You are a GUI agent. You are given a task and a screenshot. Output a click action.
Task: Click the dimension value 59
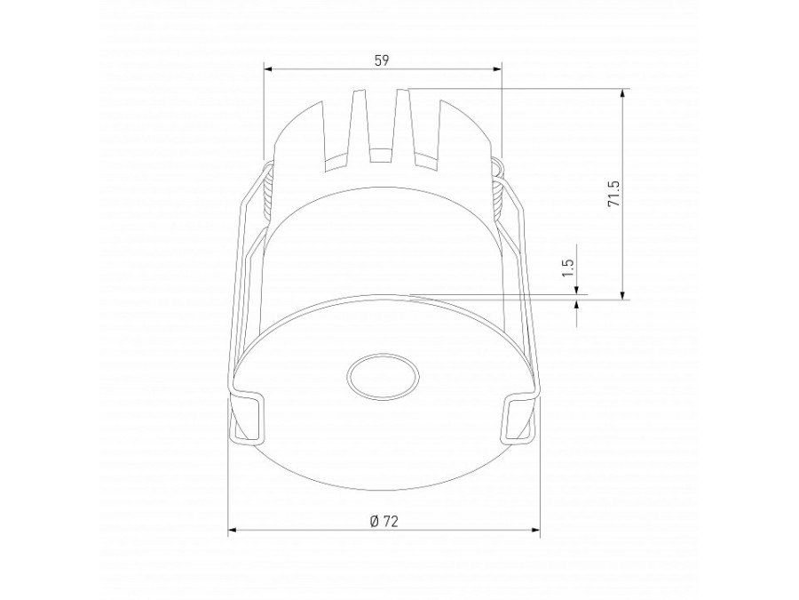382,60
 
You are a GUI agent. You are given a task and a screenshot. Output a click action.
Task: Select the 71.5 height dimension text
612,194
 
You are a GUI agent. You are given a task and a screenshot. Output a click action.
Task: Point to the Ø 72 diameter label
384,520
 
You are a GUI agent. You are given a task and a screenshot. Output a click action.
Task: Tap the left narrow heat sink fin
360,124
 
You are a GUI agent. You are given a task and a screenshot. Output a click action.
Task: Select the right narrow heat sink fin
404,124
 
